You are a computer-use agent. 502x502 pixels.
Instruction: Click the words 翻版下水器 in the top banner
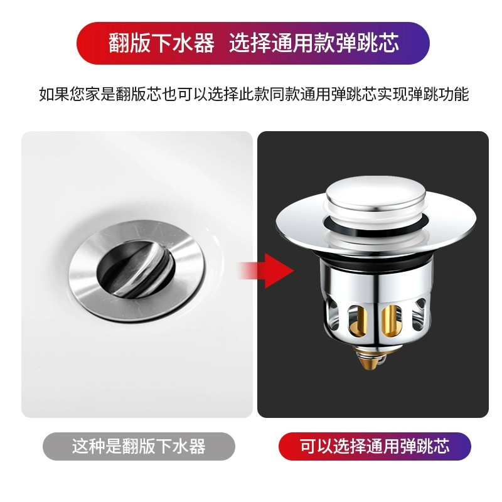(x=162, y=44)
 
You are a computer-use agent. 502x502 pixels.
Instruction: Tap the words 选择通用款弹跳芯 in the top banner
(x=314, y=44)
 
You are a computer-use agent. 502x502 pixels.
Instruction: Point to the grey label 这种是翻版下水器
(x=139, y=447)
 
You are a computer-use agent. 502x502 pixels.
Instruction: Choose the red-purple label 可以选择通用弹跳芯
(x=375, y=447)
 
